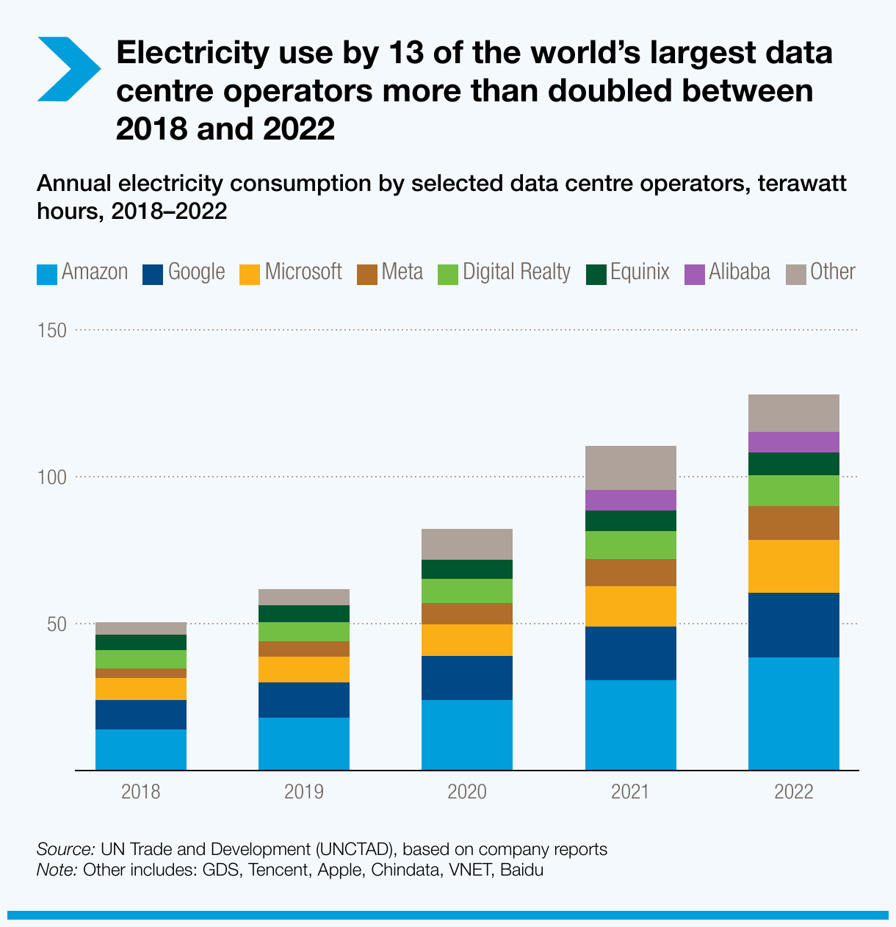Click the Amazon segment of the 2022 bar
[x=793, y=713]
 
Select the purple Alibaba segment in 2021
[x=630, y=500]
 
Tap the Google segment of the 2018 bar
[x=141, y=715]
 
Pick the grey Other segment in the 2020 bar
[x=467, y=544]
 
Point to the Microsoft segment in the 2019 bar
[x=304, y=669]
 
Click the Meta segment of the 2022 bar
[x=793, y=523]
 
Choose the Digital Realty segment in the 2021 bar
[x=630, y=545]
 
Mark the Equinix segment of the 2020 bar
[x=467, y=569]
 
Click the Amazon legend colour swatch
[x=47, y=274]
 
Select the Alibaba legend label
[x=740, y=273]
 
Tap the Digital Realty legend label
[x=516, y=273]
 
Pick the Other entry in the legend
[x=832, y=273]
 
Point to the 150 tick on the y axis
[x=52, y=331]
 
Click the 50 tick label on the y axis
[x=56, y=624]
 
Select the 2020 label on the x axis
[x=467, y=792]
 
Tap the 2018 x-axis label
[x=141, y=792]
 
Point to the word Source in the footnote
[x=65, y=849]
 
